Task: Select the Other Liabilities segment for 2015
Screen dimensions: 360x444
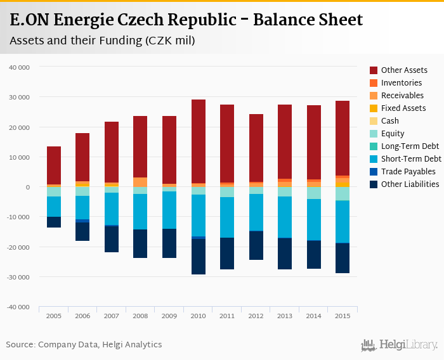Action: [x=342, y=258]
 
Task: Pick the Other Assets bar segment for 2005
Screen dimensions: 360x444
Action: [x=54, y=165]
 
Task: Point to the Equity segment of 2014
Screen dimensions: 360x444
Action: [x=313, y=193]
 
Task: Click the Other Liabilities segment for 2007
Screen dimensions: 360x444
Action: [x=112, y=239]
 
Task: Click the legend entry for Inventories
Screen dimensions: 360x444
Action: [x=401, y=83]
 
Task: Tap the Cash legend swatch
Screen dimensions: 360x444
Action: [x=374, y=121]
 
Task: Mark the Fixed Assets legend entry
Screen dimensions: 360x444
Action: [x=403, y=108]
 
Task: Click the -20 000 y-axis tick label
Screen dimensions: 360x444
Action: [x=26, y=247]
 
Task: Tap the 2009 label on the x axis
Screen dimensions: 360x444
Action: [x=169, y=316]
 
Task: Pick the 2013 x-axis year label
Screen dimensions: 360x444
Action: [x=284, y=316]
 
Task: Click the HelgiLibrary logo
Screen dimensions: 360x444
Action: [x=399, y=345]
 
